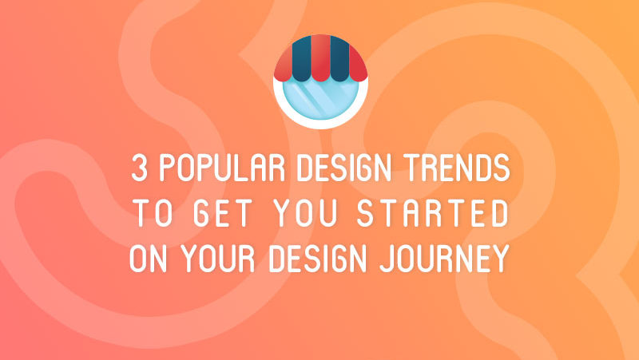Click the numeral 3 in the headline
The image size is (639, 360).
(138, 170)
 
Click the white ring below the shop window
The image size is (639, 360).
(319, 125)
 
